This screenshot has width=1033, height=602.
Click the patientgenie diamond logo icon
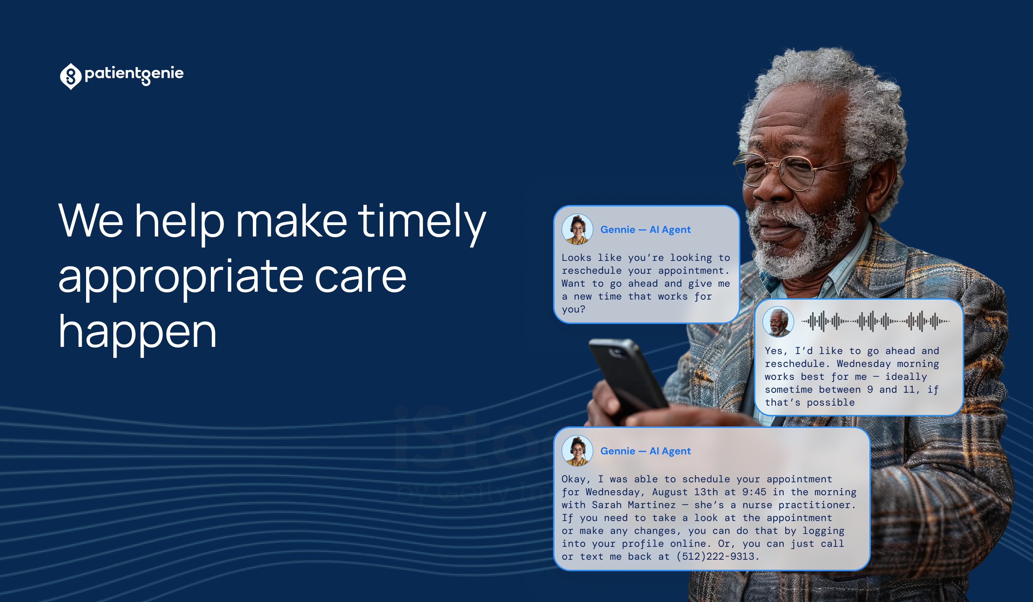71,76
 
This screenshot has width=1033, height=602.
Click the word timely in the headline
422,224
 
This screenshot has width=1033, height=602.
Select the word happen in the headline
137,334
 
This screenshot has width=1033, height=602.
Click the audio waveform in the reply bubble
875,321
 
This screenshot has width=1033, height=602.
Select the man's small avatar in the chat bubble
778,322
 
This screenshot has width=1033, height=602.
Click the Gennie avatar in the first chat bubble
577,229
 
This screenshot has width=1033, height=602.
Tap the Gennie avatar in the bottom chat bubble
577,451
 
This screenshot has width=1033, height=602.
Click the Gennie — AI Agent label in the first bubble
646,230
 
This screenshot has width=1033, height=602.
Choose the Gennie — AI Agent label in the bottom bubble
646,451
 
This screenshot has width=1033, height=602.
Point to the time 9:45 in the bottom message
754,492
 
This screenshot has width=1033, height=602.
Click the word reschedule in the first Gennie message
591,271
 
